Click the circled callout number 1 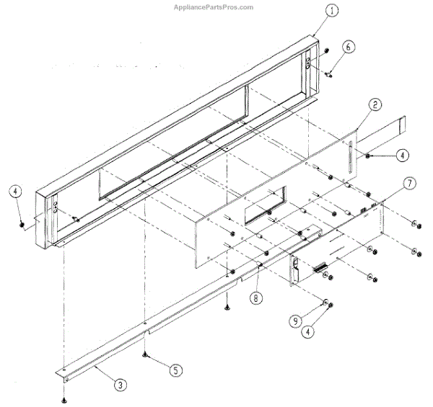pos(310,12)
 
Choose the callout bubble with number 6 pos(348,48)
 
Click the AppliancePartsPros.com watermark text pos(214,7)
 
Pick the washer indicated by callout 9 pos(324,302)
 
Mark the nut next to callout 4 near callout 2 pos(368,154)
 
